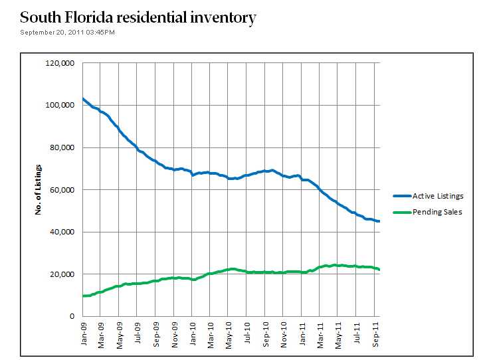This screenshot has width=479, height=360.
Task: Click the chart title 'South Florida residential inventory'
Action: (x=138, y=17)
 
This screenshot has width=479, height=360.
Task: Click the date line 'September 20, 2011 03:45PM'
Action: (x=68, y=33)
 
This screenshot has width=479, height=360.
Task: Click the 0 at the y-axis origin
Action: (x=71, y=317)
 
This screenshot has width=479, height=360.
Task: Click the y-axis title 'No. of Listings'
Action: (x=39, y=189)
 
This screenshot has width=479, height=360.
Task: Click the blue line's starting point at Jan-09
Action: (x=83, y=99)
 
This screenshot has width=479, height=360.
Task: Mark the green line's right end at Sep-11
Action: (x=379, y=269)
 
